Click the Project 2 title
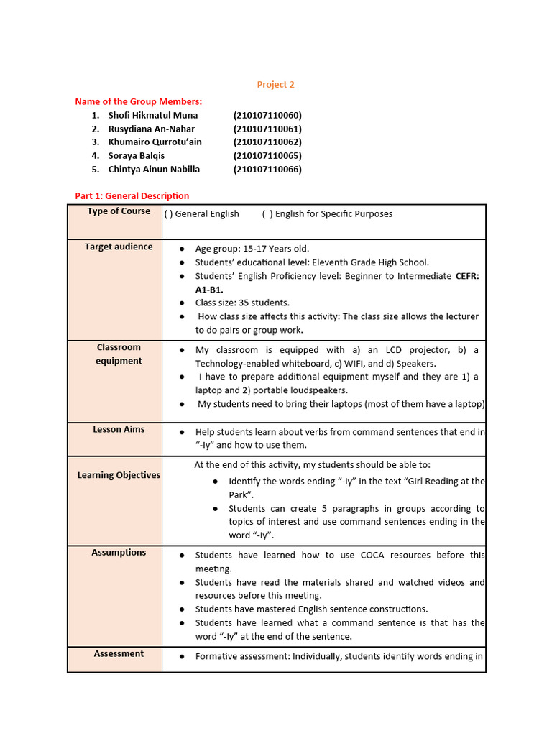pyautogui.click(x=276, y=85)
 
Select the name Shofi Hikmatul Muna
pyautogui.click(x=152, y=115)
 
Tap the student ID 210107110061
pyautogui.click(x=267, y=129)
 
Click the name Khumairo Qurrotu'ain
pyautogui.click(x=155, y=142)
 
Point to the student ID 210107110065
pyautogui.click(x=267, y=156)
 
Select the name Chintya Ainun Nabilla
pyautogui.click(x=154, y=170)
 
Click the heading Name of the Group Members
pyautogui.click(x=139, y=101)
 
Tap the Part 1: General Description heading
pyautogui.click(x=132, y=195)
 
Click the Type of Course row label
pyautogui.click(x=119, y=211)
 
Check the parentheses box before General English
pyautogui.click(x=168, y=214)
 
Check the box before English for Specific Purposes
pyautogui.click(x=267, y=214)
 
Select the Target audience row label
pyautogui.click(x=119, y=247)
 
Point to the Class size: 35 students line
pyautogui.click(x=242, y=303)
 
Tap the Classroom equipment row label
pyautogui.click(x=119, y=354)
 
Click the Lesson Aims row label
pyautogui.click(x=119, y=429)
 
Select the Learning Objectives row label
pyautogui.click(x=119, y=475)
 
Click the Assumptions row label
pyautogui.click(x=119, y=553)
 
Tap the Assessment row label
pyautogui.click(x=119, y=653)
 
